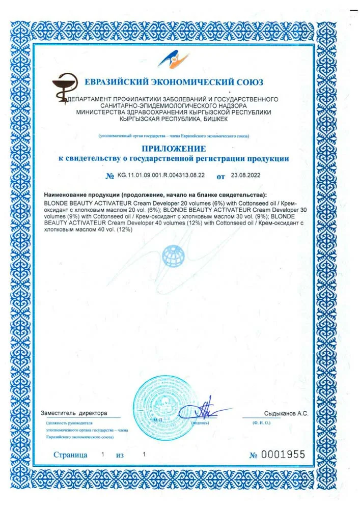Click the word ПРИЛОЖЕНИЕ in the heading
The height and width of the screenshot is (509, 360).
(174, 149)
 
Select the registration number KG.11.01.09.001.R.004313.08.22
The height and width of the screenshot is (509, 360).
(161, 175)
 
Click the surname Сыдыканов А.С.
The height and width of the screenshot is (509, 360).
(286, 413)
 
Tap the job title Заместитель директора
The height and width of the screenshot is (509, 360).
(74, 413)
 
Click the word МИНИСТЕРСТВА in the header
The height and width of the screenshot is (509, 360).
(101, 112)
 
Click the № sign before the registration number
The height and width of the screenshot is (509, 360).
(109, 176)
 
